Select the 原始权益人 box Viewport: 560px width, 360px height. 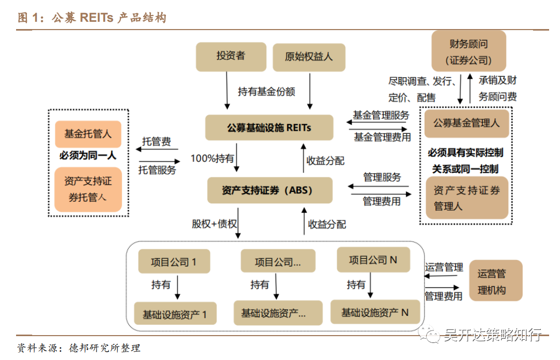(x=309, y=57)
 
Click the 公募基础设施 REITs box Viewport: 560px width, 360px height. (x=269, y=127)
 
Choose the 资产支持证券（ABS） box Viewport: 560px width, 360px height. (x=270, y=190)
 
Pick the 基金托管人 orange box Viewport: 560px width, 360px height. (x=88, y=134)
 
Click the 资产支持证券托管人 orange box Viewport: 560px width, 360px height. (x=88, y=189)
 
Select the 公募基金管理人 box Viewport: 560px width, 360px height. (x=466, y=123)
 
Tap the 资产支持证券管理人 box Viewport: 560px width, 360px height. (x=466, y=198)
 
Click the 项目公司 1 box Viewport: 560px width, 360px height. (x=174, y=261)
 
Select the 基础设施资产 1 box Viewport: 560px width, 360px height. (x=175, y=314)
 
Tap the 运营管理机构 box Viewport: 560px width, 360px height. (x=494, y=282)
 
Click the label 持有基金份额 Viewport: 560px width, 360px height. (x=267, y=92)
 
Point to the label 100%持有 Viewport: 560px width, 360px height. (x=212, y=158)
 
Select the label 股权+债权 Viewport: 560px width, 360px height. (x=214, y=224)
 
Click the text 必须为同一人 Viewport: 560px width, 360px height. (x=88, y=155)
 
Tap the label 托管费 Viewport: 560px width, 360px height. (x=157, y=142)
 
